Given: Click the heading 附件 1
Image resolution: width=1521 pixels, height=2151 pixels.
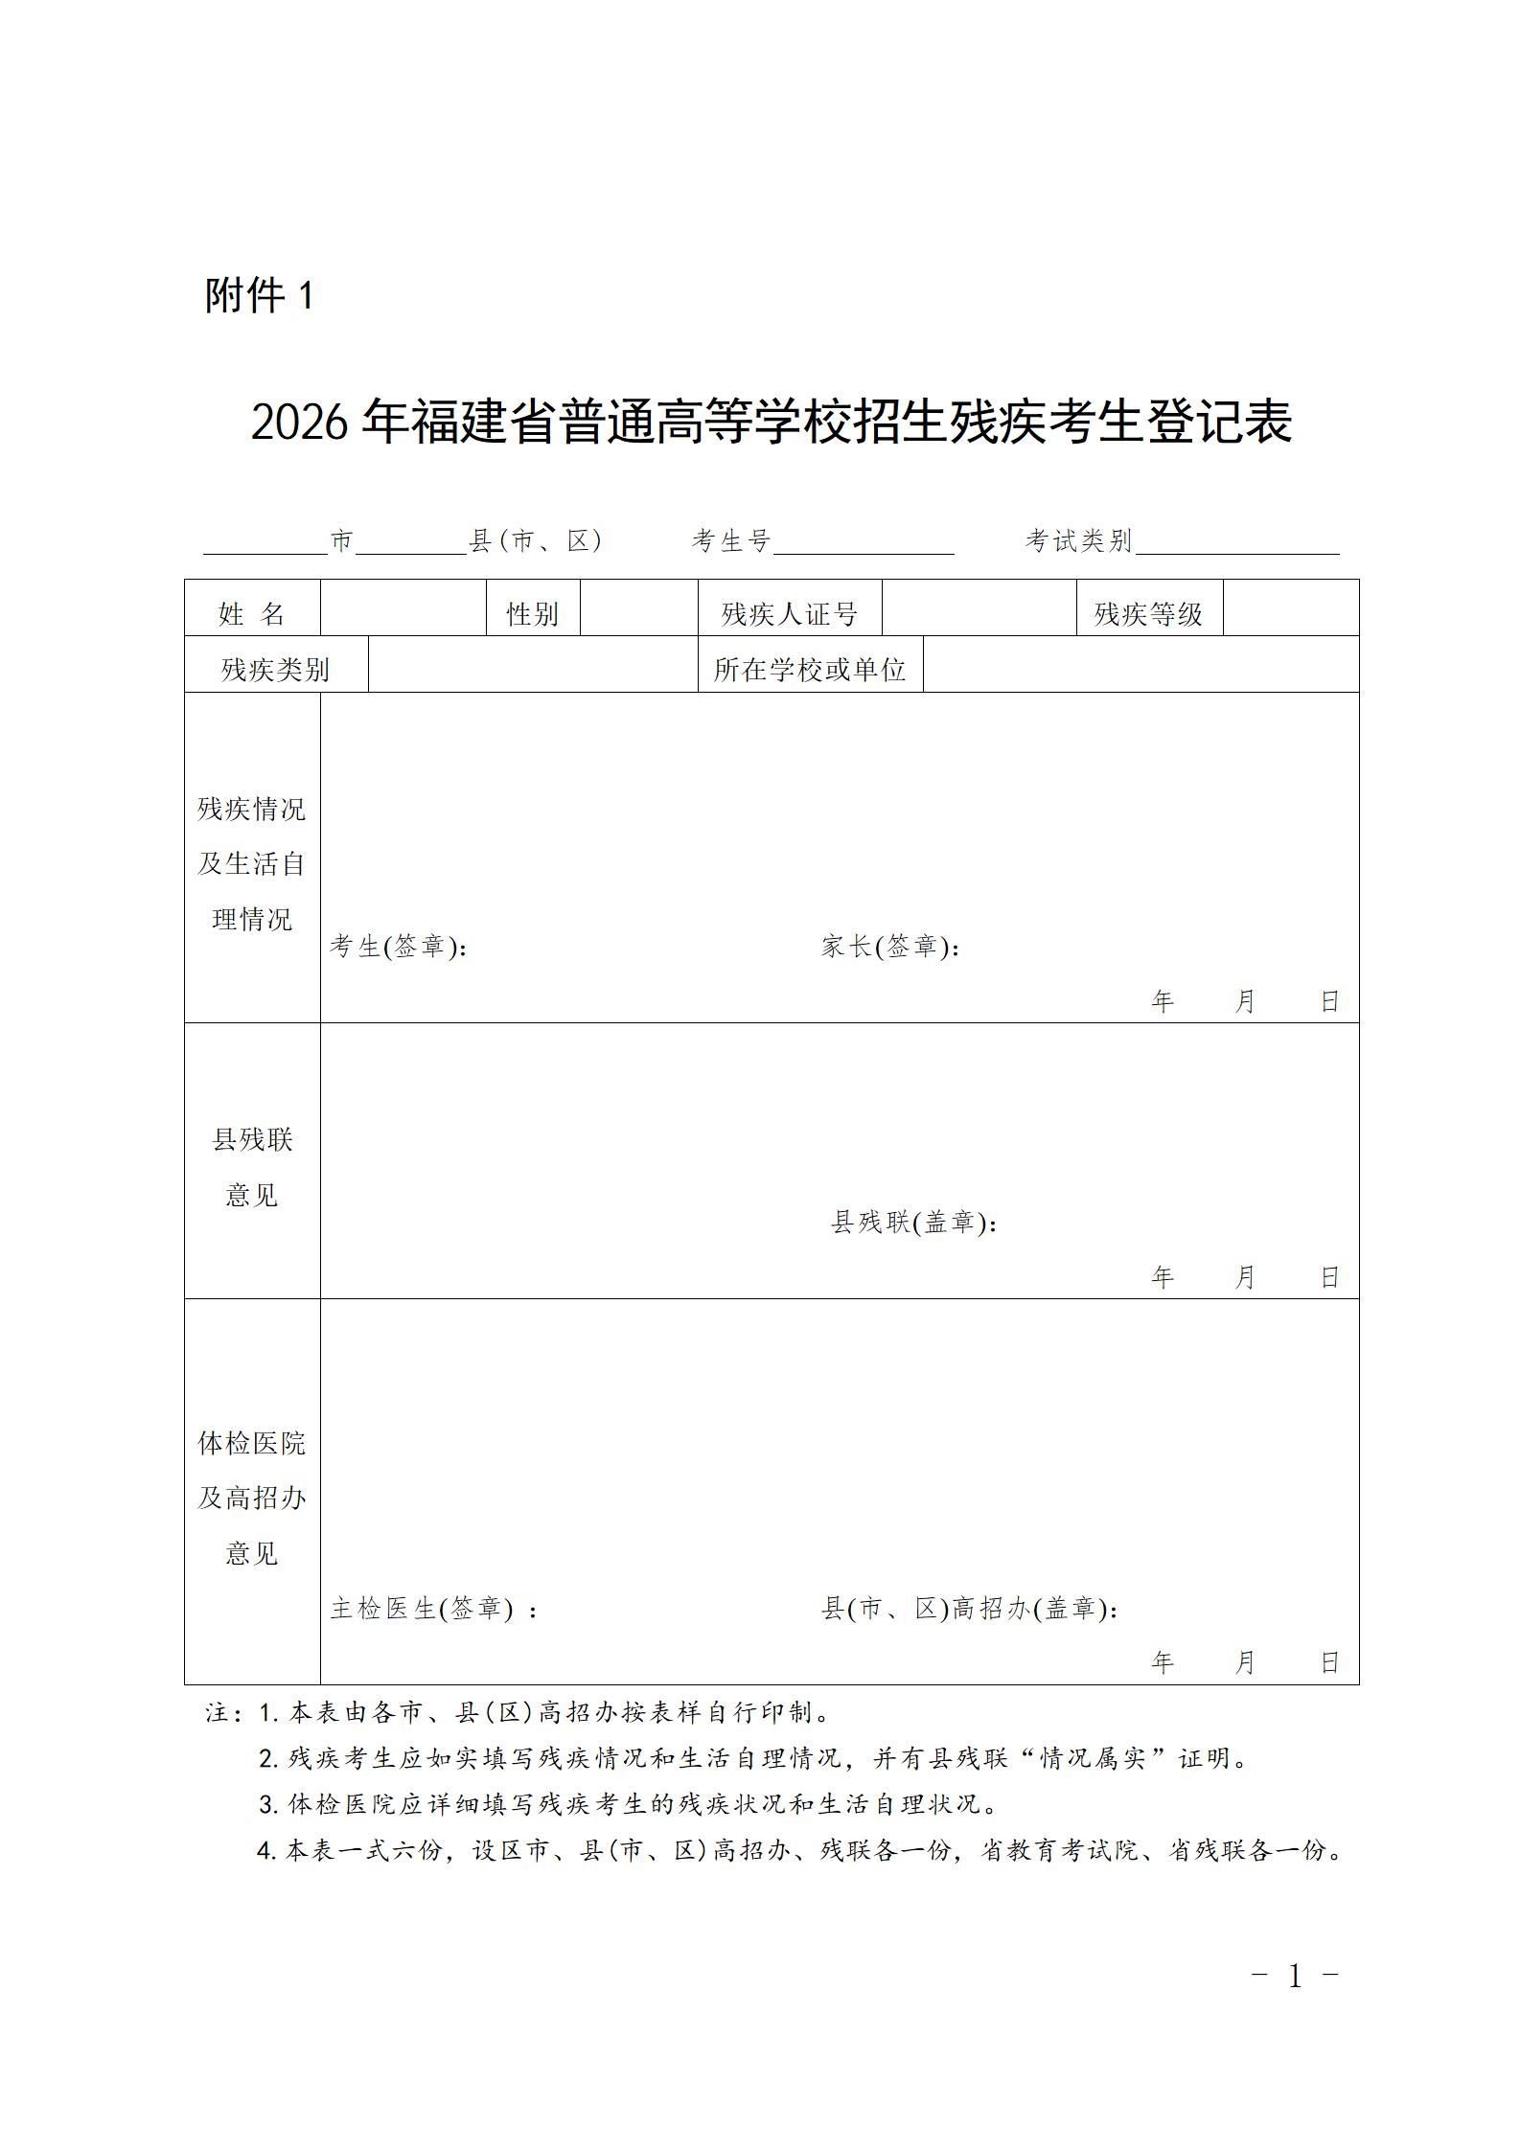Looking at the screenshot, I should click(259, 295).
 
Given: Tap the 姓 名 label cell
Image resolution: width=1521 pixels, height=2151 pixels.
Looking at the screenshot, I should click(252, 613).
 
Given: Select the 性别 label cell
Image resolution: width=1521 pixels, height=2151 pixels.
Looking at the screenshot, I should click(533, 613).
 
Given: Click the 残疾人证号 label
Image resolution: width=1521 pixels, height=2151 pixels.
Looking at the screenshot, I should click(789, 613).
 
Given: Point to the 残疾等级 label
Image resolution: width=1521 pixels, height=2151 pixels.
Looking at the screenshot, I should click(1148, 613).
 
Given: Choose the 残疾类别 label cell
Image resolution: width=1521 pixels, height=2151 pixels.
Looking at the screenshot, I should click(275, 669).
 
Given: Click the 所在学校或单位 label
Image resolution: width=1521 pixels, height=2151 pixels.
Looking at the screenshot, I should click(810, 669).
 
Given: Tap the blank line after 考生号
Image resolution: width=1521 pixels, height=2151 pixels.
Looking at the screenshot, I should click(864, 544).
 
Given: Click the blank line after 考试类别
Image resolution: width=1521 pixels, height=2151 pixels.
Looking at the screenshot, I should click(1236, 544).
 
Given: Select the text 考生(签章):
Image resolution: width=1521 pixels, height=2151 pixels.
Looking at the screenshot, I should click(399, 947).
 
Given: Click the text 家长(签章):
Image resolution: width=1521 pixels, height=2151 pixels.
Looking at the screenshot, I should click(890, 947).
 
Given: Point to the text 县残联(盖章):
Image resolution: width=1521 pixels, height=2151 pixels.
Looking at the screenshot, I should click(913, 1223).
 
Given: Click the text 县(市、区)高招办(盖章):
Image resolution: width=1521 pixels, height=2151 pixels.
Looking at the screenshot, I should click(969, 1609).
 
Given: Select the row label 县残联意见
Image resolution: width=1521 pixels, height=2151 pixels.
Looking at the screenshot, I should click(252, 1167).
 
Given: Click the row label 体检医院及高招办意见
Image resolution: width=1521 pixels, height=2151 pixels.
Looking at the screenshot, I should click(252, 1498).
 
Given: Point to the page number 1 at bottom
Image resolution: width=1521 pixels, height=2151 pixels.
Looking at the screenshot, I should click(1295, 1976).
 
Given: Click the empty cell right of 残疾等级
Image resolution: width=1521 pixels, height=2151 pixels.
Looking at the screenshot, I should click(1290, 608).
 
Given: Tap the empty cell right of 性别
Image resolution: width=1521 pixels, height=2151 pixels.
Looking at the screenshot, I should click(639, 608).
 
